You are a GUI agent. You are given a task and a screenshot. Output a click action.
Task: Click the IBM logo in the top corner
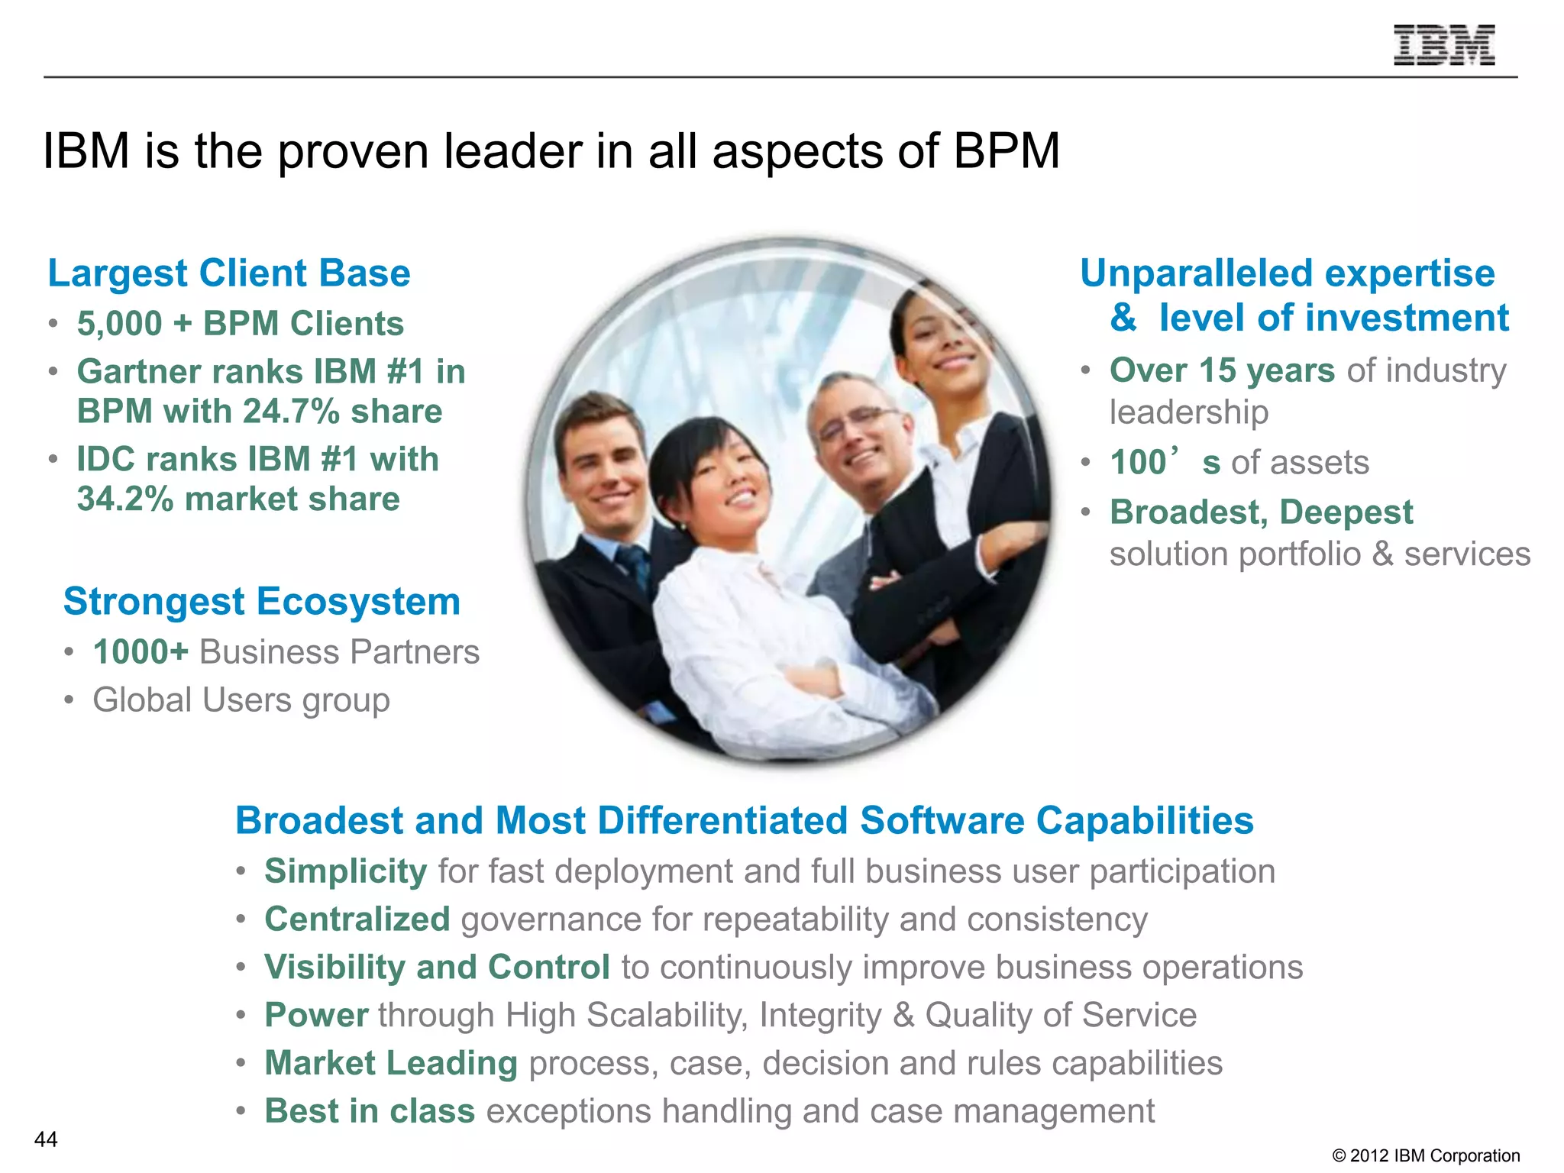[1443, 45]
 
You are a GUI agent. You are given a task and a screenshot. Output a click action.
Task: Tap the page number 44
[46, 1139]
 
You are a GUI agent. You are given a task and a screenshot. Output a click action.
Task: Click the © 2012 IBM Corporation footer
[1426, 1155]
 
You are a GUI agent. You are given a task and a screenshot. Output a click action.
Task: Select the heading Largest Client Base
[229, 273]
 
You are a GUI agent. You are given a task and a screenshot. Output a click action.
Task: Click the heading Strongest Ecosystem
[262, 602]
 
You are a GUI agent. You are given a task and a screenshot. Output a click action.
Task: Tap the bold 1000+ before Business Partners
[141, 652]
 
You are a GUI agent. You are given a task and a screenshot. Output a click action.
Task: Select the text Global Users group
[241, 700]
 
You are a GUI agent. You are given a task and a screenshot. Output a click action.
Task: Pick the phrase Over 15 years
[1222, 370]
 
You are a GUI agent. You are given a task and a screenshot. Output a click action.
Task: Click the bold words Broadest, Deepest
[1262, 512]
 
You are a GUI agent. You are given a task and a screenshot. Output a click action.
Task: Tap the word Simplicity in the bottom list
[345, 871]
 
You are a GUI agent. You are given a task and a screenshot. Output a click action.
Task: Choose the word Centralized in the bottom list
[357, 919]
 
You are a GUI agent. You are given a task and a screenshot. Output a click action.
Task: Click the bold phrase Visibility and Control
[437, 968]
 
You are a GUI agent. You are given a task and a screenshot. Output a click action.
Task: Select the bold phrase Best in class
[370, 1111]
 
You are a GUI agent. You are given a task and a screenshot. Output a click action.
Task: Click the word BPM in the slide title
[1007, 151]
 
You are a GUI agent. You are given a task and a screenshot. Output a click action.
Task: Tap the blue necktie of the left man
[633, 566]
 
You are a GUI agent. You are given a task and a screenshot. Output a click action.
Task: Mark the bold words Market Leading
[391, 1063]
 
